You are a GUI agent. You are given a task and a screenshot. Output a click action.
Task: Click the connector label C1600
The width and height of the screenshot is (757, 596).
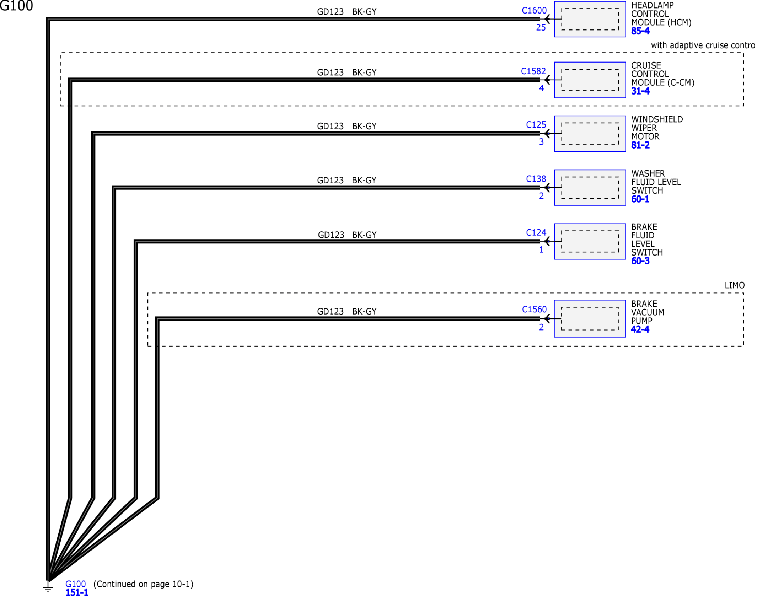pos(534,11)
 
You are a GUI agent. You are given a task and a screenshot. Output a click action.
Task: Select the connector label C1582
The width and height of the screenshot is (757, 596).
pos(533,71)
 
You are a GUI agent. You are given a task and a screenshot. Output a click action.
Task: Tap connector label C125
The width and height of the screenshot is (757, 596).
pos(536,125)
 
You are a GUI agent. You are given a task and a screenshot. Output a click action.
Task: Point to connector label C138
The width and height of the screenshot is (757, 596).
pos(536,179)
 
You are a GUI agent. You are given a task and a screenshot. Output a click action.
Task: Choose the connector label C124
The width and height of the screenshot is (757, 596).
pos(536,233)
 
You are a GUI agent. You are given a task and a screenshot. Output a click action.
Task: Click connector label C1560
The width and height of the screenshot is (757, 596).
pos(534,310)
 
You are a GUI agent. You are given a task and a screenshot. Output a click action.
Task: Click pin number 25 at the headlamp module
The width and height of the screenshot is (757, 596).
pos(541,28)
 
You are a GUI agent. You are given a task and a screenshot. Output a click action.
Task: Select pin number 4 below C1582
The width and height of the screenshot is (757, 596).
pos(541,88)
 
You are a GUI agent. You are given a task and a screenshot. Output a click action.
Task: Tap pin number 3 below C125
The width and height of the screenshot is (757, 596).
pos(541,142)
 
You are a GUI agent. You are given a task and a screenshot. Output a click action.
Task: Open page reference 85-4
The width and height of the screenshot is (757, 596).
pos(640,31)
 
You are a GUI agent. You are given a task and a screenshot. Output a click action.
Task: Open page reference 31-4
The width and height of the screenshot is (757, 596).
pos(640,91)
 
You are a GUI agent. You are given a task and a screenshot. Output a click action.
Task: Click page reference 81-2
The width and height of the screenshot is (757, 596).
pos(640,145)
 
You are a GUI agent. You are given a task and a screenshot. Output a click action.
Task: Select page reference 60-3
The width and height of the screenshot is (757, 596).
pos(640,261)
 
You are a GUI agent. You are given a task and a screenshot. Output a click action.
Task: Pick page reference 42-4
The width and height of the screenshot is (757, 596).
pos(640,329)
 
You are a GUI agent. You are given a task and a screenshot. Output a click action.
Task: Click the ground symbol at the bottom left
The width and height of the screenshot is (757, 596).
pos(48,587)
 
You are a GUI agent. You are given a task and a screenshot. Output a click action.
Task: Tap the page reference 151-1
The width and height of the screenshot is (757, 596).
pos(77,592)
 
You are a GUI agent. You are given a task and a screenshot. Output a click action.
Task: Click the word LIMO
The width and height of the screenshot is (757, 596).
pos(734,285)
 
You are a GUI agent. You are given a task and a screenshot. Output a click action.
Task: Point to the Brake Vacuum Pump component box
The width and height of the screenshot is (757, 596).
pos(590,318)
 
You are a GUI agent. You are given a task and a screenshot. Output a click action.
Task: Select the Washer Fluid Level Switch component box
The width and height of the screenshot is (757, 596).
pos(590,188)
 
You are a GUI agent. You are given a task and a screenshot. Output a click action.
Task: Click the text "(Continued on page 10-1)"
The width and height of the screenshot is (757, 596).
pos(143,584)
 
